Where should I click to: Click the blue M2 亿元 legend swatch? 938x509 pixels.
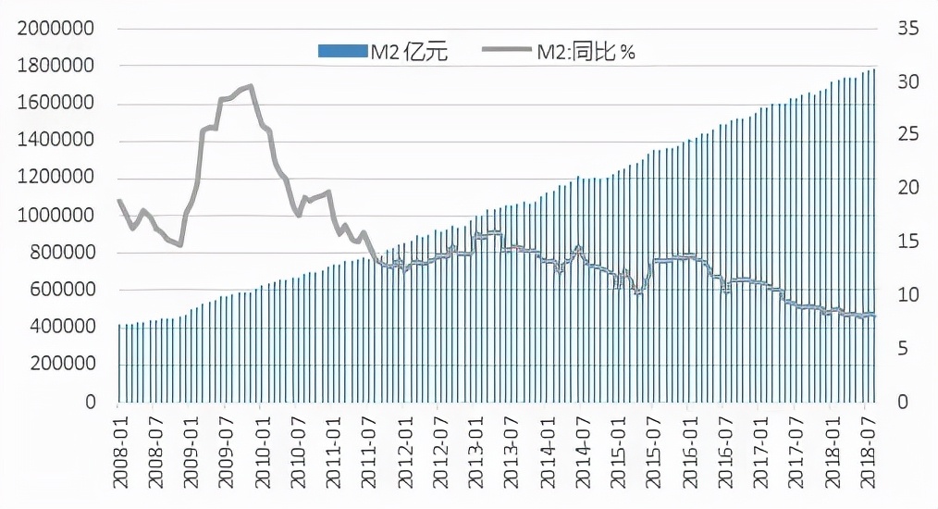[342, 52]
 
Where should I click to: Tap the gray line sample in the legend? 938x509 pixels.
[506, 52]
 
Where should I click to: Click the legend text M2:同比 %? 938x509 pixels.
[586, 52]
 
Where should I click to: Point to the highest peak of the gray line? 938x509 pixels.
[252, 86]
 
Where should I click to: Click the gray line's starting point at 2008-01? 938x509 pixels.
[118, 200]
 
